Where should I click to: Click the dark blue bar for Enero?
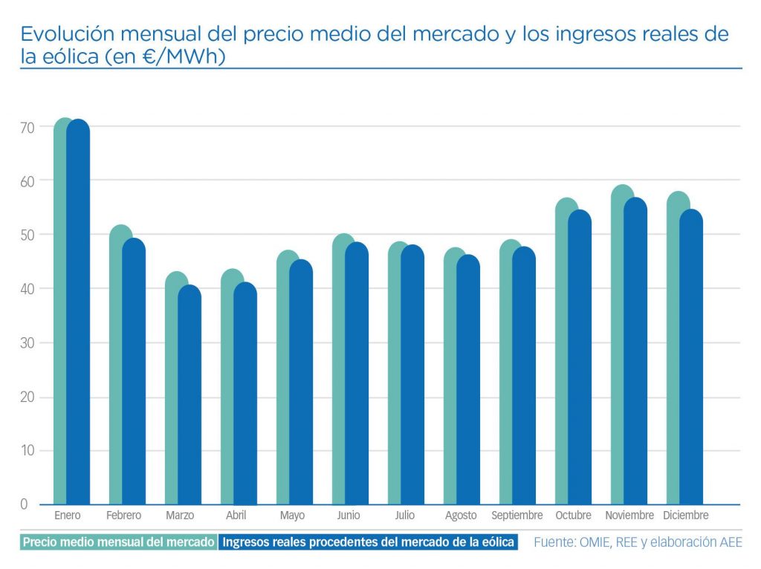coord(78,312)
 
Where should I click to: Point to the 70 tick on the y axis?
coord(27,127)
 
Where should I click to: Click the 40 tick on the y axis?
coord(27,289)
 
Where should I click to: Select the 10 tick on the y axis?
coord(27,451)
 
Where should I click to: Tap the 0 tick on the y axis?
coord(24,505)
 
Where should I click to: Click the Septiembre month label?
coord(517,516)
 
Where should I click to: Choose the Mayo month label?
coord(292,516)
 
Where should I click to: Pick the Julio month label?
coord(405,516)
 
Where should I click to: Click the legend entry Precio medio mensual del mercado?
coord(118,542)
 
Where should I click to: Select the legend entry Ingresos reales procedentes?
coord(369,542)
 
